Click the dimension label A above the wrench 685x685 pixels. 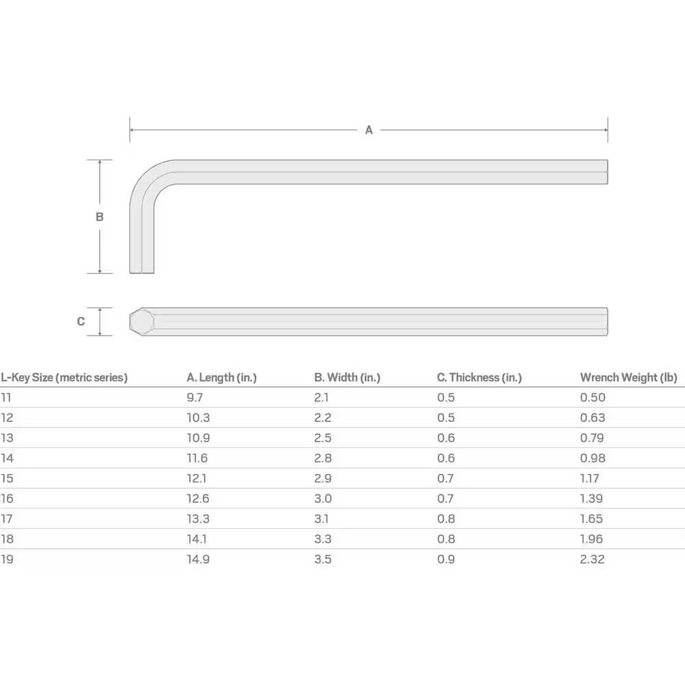point(369,129)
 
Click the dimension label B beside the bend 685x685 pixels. point(99,216)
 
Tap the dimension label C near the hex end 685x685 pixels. point(81,321)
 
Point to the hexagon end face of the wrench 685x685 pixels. point(142,321)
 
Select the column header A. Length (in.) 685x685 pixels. point(221,377)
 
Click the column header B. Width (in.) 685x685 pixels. point(347,377)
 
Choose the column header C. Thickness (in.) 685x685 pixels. point(479,377)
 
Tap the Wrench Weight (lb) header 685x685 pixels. point(628,377)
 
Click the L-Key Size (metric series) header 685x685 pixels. point(64,377)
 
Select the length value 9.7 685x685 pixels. point(195,397)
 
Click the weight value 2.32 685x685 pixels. point(593,559)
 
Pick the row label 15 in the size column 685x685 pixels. point(7,478)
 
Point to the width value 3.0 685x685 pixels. point(323,499)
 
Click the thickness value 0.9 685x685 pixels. point(445,559)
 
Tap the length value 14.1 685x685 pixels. point(197,539)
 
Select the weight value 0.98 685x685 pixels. point(593,458)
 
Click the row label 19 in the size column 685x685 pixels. point(7,559)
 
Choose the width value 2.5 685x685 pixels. point(323,438)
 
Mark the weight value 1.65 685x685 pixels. point(592,519)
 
